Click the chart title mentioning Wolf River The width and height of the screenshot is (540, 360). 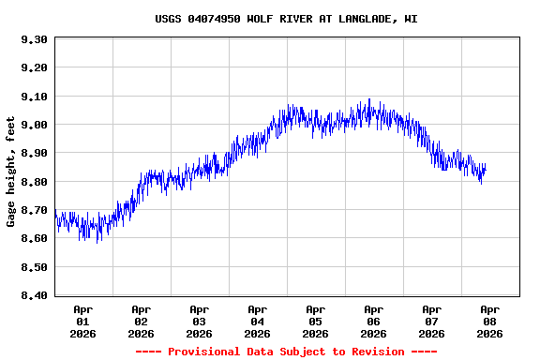286,19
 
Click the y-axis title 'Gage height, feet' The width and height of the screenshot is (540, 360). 11,172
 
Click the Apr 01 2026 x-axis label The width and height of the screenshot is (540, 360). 83,321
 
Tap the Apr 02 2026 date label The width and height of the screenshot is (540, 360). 142,321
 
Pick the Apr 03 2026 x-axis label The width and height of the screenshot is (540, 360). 200,321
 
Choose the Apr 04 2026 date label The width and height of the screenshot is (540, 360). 258,321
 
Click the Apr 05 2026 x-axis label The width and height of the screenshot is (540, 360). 316,321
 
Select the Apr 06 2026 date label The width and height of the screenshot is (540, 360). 374,321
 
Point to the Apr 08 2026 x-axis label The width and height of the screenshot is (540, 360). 490,321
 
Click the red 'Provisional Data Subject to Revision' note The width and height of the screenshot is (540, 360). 286,352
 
